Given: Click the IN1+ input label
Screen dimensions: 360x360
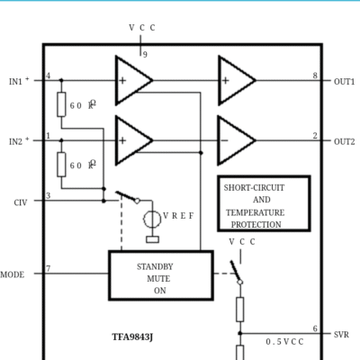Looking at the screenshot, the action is point(19,81).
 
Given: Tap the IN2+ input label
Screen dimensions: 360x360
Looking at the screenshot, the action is point(19,141).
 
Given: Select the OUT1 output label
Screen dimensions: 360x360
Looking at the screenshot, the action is point(345,82).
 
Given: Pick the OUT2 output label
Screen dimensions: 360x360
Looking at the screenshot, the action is point(345,141).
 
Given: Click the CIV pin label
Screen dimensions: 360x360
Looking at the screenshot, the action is point(21,202).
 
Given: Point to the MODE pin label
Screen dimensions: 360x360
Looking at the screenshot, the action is point(13,274).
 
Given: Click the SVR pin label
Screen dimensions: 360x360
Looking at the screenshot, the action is point(341,335).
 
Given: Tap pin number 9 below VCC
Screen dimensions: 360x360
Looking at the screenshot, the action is point(145,55).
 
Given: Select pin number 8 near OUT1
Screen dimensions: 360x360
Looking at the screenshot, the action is point(315,76).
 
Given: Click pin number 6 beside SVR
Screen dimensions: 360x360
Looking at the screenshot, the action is point(315,328).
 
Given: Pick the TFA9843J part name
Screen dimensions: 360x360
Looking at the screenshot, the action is point(132,337).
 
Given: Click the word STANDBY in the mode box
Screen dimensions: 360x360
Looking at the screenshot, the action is point(155,266).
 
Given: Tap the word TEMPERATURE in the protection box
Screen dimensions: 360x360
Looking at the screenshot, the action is point(256,212).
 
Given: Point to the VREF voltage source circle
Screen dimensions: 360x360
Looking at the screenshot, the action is point(152,220).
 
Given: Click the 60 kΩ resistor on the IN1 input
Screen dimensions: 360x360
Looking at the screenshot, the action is point(61,104).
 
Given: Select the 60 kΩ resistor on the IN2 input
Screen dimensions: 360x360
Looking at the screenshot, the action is point(61,165).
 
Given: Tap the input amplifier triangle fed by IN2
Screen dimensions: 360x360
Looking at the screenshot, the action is point(133,140).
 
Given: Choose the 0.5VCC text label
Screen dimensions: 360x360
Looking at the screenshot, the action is point(284,342).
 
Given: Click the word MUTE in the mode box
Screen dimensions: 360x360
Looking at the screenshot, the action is point(158,279).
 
